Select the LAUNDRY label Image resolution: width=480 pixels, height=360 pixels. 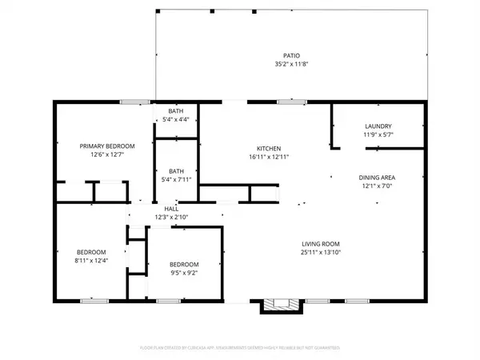click(x=378, y=126)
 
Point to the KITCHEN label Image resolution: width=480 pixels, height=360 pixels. click(x=267, y=149)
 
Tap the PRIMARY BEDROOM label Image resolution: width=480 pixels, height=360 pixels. click(x=106, y=146)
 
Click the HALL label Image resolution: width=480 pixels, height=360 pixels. click(x=171, y=208)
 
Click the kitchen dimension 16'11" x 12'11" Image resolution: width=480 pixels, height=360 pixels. click(x=267, y=158)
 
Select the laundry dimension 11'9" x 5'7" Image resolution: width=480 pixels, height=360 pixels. click(x=378, y=135)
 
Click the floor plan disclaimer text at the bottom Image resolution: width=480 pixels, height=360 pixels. click(x=240, y=349)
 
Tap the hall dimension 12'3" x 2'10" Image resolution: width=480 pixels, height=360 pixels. click(x=171, y=217)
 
